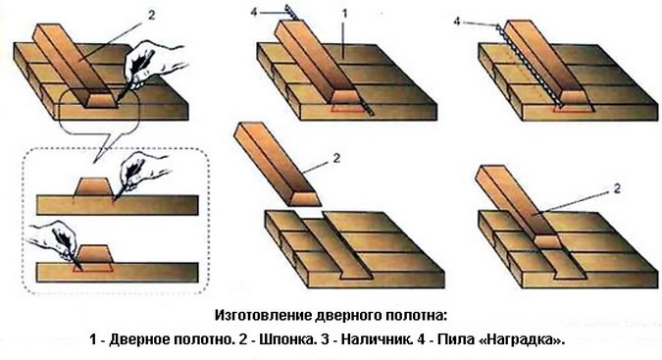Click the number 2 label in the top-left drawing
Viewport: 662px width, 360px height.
pyautogui.click(x=152, y=15)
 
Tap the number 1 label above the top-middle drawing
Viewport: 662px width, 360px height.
pyautogui.click(x=344, y=14)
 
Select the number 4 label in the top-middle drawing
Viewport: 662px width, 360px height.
pyautogui.click(x=254, y=12)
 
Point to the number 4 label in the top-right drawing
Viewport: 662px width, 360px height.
pyautogui.click(x=457, y=21)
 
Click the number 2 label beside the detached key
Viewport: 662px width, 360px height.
pyautogui.click(x=336, y=158)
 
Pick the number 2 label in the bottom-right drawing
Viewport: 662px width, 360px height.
pyautogui.click(x=617, y=188)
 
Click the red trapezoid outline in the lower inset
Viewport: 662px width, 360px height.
pyautogui.click(x=94, y=267)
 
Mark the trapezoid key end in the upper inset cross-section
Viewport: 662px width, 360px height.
pyautogui.click(x=93, y=186)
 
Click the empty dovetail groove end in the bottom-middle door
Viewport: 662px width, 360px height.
pyautogui.click(x=356, y=275)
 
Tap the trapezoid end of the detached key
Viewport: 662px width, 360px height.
pyautogui.click(x=301, y=199)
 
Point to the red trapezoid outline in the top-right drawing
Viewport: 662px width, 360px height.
pyautogui.click(x=574, y=109)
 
